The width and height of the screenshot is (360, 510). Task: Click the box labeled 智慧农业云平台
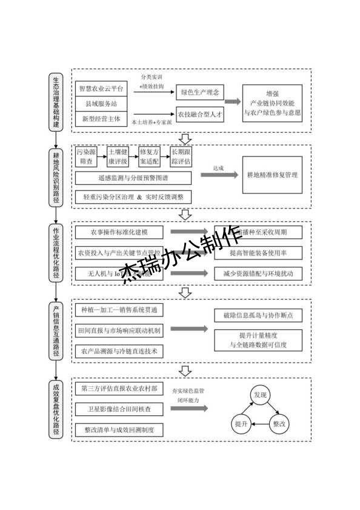pyautogui.click(x=101, y=89)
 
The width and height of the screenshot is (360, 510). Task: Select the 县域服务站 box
pyautogui.click(x=101, y=104)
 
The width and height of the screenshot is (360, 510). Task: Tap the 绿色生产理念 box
pyautogui.click(x=199, y=93)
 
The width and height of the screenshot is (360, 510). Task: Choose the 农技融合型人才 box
pyautogui.click(x=199, y=114)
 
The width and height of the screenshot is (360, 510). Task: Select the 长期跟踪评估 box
pyautogui.click(x=181, y=157)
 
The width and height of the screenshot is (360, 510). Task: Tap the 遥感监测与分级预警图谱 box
pyautogui.click(x=133, y=178)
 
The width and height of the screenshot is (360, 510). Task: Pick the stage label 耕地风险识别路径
pyautogui.click(x=56, y=175)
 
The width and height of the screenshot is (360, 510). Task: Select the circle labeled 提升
pyautogui.click(x=241, y=425)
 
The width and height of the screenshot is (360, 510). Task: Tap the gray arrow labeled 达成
pyautogui.click(x=218, y=175)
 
